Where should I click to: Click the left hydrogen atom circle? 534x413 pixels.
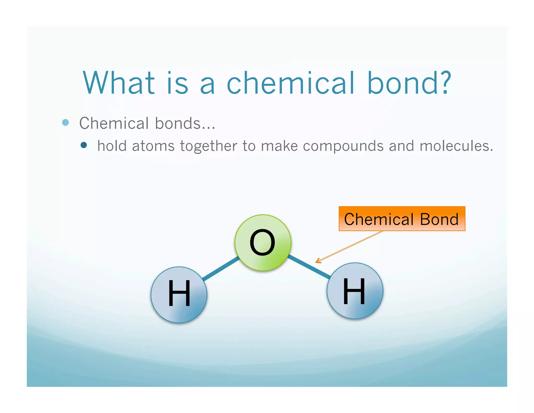click(x=179, y=295)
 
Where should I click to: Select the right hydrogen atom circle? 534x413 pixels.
click(x=355, y=291)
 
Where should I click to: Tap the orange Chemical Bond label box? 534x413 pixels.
click(x=402, y=219)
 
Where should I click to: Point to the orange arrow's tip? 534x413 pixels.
click(x=316, y=262)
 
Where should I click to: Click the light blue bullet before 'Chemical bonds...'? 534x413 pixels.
click(x=65, y=122)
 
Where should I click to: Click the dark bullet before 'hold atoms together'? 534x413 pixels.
click(x=84, y=145)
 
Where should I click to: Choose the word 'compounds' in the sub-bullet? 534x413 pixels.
click(x=343, y=146)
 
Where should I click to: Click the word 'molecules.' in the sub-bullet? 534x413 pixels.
click(x=456, y=146)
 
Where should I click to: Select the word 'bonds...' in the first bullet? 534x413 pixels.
click(x=185, y=123)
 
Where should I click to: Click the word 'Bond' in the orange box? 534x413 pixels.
click(x=439, y=219)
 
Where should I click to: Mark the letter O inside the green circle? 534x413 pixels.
click(x=262, y=243)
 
